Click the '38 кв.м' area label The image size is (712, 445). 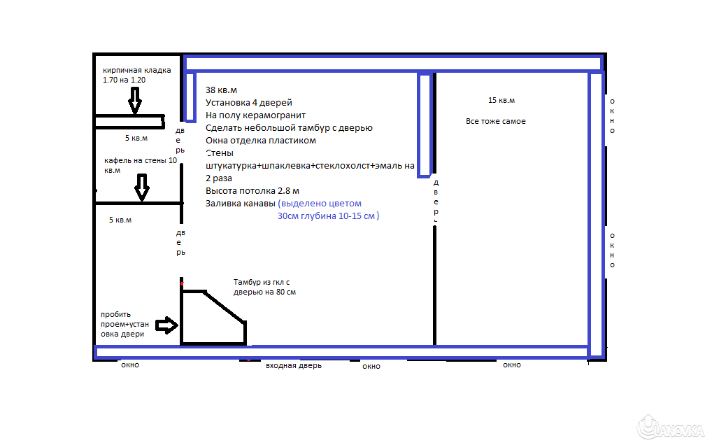point(221,90)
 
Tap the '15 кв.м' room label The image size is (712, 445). point(501,100)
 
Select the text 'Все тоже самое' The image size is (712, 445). point(495,121)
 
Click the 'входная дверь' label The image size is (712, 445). point(294,365)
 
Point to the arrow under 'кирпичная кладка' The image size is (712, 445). point(135,100)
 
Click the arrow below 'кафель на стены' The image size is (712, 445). point(142,187)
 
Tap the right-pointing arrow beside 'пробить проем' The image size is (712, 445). point(166,325)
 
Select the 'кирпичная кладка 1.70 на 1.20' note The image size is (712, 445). point(136,75)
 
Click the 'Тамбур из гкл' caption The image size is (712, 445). point(264,287)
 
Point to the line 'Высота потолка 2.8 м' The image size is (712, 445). point(252,191)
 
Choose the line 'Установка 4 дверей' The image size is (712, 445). point(248,103)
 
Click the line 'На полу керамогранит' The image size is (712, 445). point(255,115)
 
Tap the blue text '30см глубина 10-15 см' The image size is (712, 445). point(328,216)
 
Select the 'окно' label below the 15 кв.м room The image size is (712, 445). point(512,365)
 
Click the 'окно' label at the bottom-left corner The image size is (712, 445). point(130,365)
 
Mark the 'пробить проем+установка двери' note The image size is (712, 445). point(124,324)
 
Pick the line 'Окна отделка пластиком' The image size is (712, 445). point(261,141)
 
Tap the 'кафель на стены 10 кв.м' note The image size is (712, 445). point(141,165)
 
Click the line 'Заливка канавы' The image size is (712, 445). point(240,204)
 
